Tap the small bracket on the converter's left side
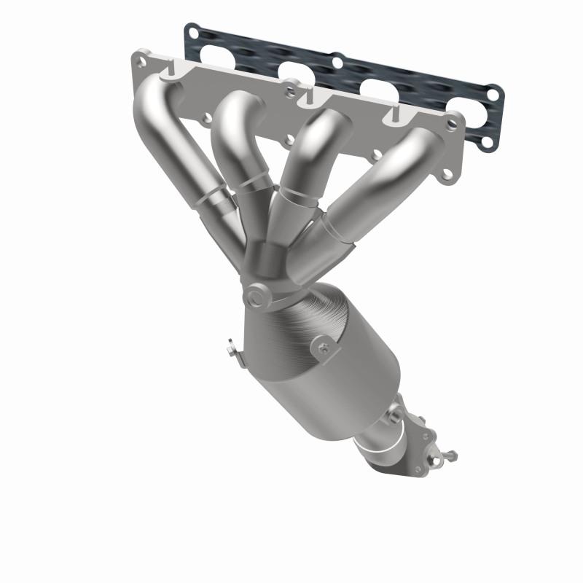coord(232,350)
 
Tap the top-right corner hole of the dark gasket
coord(493,94)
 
